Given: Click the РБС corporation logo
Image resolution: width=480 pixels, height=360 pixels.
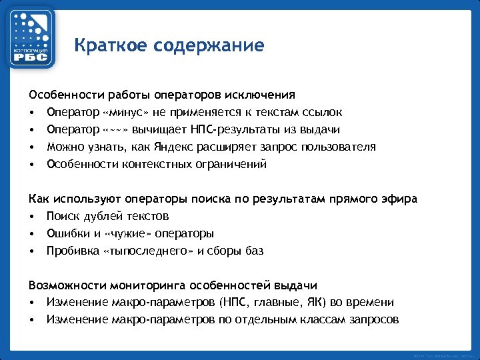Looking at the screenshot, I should pyautogui.click(x=31, y=37).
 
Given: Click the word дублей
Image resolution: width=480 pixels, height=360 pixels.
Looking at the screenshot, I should pyautogui.click(x=101, y=216).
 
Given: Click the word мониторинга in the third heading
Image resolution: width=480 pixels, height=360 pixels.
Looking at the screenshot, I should pyautogui.click(x=143, y=285).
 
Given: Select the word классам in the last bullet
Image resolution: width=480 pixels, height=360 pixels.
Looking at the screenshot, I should pyautogui.click(x=322, y=320).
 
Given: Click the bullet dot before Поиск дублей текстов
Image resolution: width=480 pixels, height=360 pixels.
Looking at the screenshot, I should pyautogui.click(x=32, y=217).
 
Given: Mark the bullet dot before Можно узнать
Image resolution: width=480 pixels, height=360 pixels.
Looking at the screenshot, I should pyautogui.click(x=32, y=147).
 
